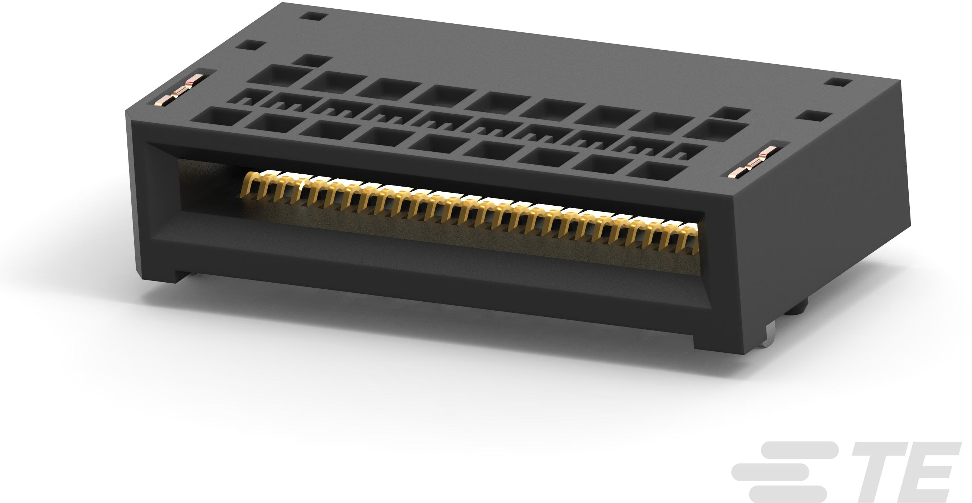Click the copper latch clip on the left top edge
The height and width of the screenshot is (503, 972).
click(x=180, y=92)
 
